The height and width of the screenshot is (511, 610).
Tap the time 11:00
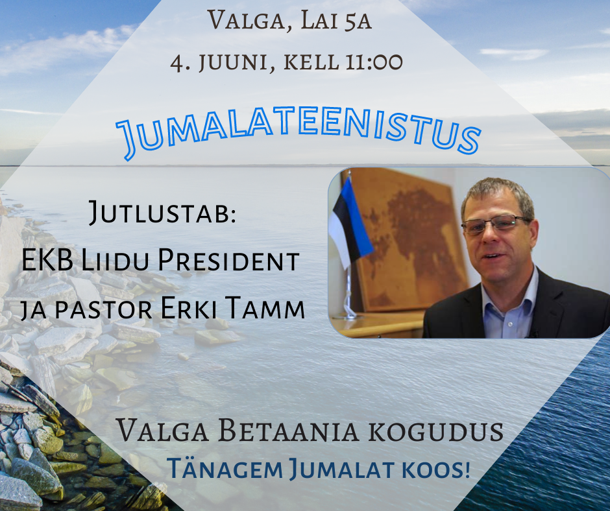(x=374, y=62)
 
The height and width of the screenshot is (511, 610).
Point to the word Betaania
(x=288, y=431)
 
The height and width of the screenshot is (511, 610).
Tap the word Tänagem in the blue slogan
(x=225, y=468)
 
